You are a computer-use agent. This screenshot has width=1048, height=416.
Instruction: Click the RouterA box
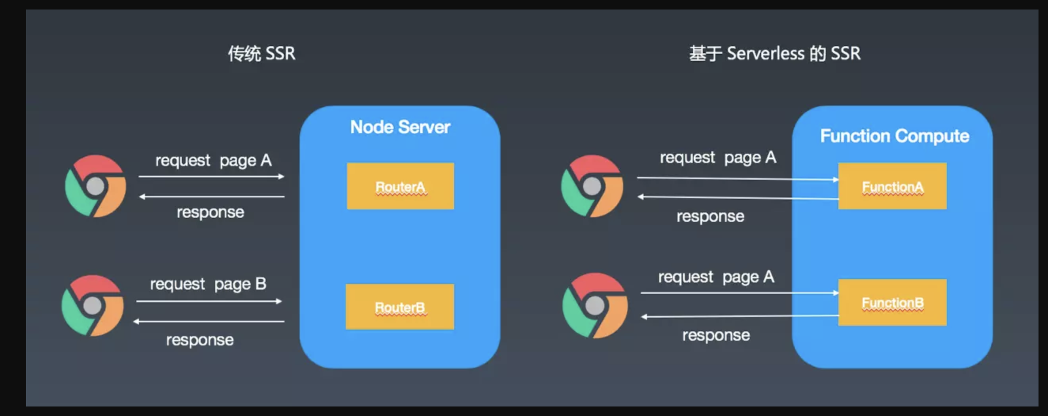pos(400,186)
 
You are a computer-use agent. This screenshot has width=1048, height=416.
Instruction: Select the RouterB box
pos(400,306)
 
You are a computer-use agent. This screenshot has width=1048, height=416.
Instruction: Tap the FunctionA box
pos(892,186)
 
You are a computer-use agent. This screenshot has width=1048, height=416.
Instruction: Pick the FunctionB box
pos(892,302)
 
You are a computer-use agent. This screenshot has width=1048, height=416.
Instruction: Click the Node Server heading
pos(400,127)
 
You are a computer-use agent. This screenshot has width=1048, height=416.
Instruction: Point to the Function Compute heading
pos(895,136)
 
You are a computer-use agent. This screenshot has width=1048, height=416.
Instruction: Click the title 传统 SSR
pos(261,53)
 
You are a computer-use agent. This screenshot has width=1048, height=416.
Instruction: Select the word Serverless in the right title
pos(765,53)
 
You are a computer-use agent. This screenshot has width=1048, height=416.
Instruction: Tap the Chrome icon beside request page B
pos(93,305)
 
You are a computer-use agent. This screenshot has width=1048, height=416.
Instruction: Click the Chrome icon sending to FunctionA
pos(592,186)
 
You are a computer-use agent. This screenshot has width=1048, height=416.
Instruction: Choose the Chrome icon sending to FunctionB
pos(595,305)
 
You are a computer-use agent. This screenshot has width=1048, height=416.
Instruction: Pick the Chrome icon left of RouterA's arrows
pos(96,186)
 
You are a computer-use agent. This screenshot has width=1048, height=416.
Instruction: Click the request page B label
pos(208,284)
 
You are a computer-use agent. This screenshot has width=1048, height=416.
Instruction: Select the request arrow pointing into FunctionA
pos(738,178)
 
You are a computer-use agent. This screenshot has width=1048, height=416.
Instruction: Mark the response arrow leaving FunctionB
pos(740,316)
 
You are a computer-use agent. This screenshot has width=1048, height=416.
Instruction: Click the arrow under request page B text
pos(209,302)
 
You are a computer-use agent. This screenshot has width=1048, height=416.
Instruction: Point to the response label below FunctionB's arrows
pos(716,336)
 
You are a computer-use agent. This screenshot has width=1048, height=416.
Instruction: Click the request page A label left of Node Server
pos(213,160)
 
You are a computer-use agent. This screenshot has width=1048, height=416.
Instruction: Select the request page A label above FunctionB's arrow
pos(716,277)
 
